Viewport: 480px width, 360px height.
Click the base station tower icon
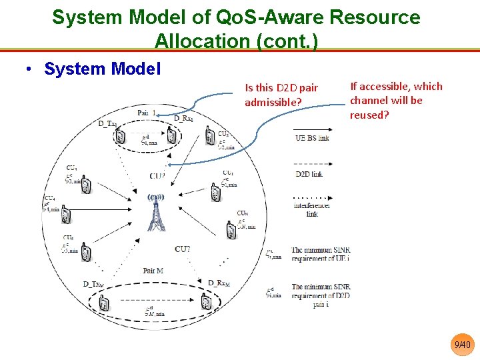pyautogui.click(x=156, y=212)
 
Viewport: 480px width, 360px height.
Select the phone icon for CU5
pyautogui.click(x=85, y=253)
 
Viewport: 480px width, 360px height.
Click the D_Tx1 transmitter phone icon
pyautogui.click(x=121, y=136)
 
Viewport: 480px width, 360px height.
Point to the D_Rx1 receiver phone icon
pyautogui.click(x=172, y=135)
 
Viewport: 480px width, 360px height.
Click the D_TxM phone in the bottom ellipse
pyautogui.click(x=104, y=304)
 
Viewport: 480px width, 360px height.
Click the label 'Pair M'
pyautogui.click(x=153, y=271)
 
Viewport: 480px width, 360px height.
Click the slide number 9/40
pyautogui.click(x=462, y=345)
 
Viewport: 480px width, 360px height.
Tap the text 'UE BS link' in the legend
pyautogui.click(x=312, y=138)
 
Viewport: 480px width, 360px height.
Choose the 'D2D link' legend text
pyautogui.click(x=309, y=173)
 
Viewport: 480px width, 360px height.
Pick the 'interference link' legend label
pyautogui.click(x=311, y=210)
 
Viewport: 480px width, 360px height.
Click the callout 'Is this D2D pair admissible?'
pyautogui.click(x=281, y=95)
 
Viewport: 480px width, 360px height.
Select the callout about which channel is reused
pyautogui.click(x=396, y=100)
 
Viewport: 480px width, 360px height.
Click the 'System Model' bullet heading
pyautogui.click(x=102, y=69)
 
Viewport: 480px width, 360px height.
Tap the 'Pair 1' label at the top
pyautogui.click(x=147, y=113)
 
